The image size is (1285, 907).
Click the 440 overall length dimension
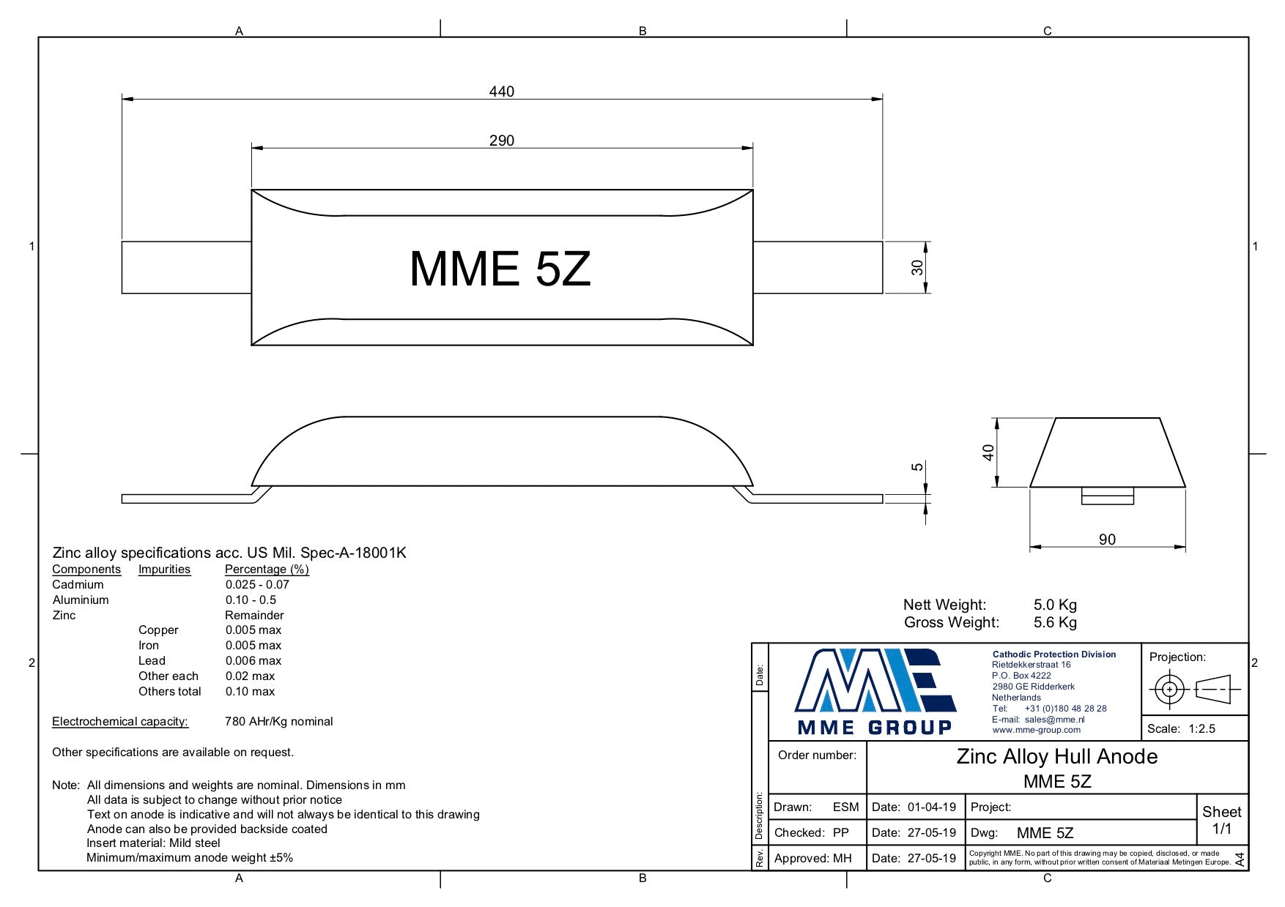[502, 92]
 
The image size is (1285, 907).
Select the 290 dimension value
[502, 141]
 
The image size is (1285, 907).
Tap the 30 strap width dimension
[917, 268]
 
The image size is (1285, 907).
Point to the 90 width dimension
[1107, 540]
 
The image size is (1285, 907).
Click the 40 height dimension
[988, 452]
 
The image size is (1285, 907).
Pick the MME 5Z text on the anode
[500, 269]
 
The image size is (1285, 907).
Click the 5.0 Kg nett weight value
[1055, 605]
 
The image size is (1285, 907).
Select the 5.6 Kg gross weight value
[1055, 622]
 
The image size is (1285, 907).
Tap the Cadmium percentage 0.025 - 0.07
[257, 584]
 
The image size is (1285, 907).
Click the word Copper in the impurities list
[158, 630]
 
